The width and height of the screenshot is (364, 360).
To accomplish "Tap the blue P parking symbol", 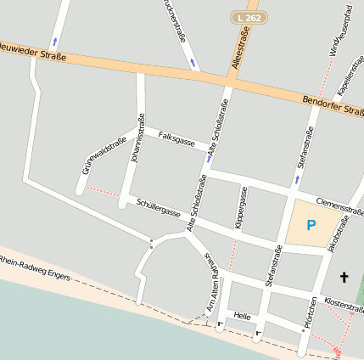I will pyautogui.click(x=311, y=225).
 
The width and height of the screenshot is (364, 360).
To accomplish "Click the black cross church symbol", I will pyautogui.click(x=344, y=277).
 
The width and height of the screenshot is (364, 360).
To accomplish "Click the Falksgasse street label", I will pyautogui.click(x=177, y=139).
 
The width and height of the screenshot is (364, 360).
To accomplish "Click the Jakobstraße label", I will pyautogui.click(x=339, y=233).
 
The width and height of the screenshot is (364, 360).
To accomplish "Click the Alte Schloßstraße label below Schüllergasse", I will pyautogui.click(x=197, y=202).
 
